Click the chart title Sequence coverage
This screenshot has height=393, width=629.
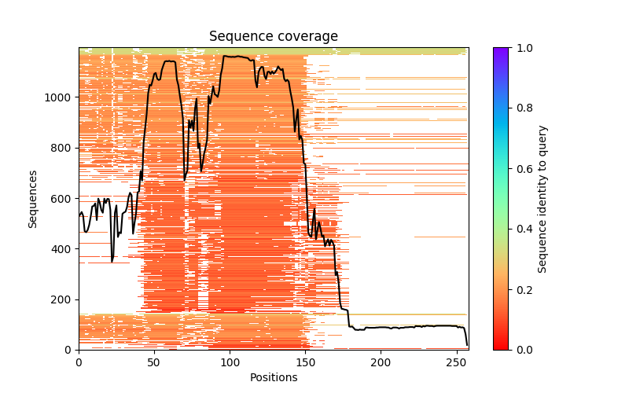273,36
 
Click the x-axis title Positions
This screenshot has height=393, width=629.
273,378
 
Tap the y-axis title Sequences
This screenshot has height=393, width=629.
33,199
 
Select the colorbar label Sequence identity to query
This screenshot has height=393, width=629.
543,199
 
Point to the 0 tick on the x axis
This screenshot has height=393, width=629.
79,362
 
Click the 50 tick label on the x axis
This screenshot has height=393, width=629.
154,362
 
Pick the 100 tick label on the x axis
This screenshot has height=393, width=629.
230,362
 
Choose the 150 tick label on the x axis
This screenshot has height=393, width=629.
305,362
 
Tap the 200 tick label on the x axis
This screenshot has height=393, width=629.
381,362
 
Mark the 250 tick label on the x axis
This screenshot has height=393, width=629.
456,362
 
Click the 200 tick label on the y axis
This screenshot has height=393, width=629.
63,299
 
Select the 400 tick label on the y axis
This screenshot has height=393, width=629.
63,249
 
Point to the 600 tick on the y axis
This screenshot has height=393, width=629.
63,199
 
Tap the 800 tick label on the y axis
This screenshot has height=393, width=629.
63,148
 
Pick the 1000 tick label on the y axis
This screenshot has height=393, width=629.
61,97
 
